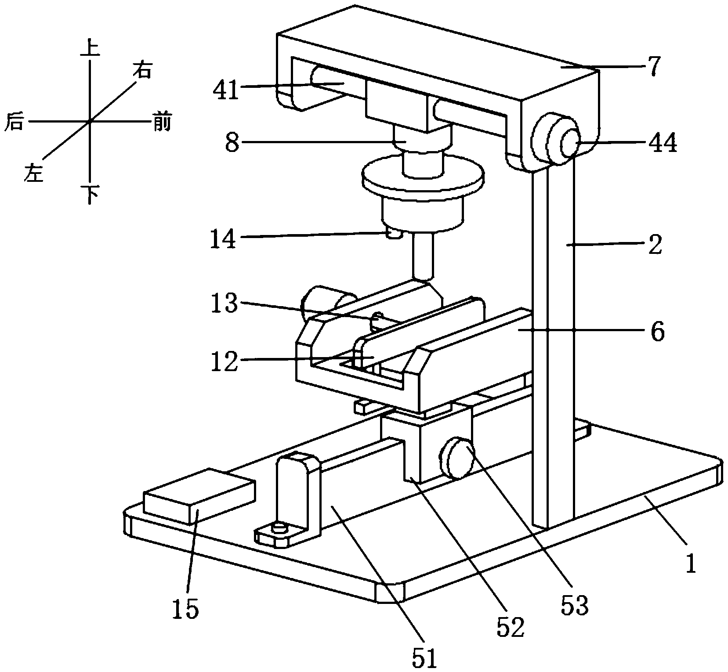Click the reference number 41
[226, 91]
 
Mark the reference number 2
[655, 246]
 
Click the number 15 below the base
[186, 609]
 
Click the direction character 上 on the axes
[90, 49]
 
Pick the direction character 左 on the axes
[34, 172]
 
